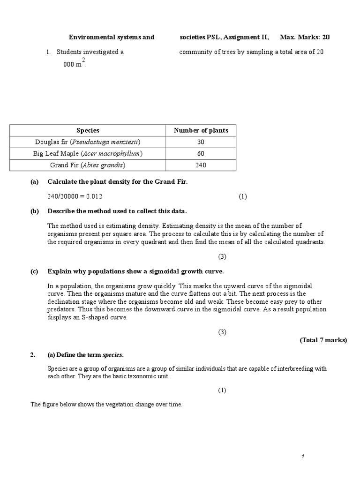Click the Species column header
point(88,130)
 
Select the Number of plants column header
point(201,130)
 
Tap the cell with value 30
point(201,142)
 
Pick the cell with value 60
point(201,154)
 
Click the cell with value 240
point(201,165)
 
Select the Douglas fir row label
point(88,142)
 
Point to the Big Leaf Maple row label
point(88,154)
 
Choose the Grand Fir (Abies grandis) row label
point(88,165)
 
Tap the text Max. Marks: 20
point(308,37)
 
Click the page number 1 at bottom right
point(304,457)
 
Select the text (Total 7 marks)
point(323,340)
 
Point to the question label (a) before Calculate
point(35,182)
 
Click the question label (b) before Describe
point(35,211)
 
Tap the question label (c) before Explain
point(35,271)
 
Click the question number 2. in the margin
point(33,355)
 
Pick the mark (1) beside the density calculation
point(242,196)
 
